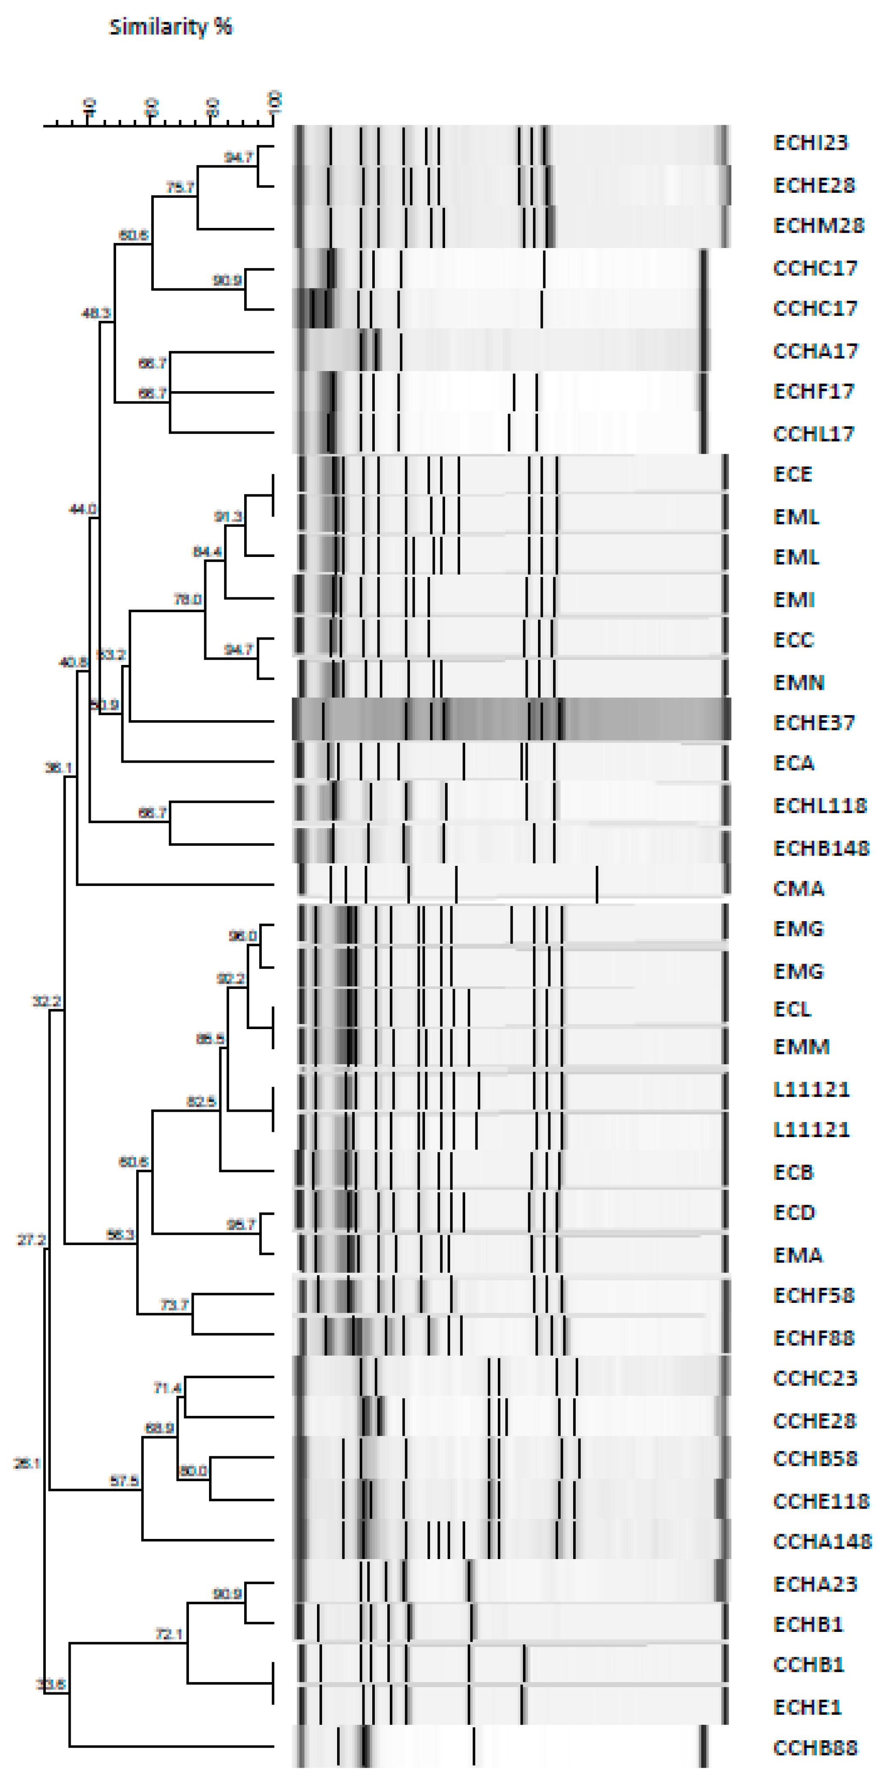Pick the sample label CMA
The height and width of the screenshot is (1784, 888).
click(798, 889)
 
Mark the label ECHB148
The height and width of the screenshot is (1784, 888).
click(821, 848)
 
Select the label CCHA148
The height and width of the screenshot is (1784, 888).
click(822, 1542)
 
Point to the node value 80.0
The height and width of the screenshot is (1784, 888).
click(193, 1470)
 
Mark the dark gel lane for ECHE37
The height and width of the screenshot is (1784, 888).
click(511, 720)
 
